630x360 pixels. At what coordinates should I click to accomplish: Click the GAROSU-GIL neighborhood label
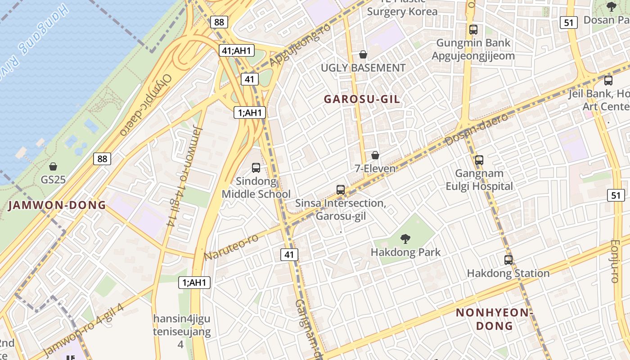[362, 99]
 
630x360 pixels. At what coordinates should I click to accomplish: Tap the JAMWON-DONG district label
[57, 206]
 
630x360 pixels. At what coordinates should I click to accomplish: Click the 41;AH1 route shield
[236, 50]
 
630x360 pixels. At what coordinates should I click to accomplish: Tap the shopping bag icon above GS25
[53, 166]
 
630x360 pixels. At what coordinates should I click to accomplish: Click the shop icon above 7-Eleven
[375, 156]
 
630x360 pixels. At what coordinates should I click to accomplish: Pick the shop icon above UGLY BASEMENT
[363, 55]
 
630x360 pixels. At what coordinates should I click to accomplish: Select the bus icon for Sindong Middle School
[256, 168]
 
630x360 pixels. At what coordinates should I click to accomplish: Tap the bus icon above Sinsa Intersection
[341, 190]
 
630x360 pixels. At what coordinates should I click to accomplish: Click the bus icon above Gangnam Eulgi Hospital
[479, 160]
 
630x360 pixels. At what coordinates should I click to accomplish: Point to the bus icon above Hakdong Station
[508, 260]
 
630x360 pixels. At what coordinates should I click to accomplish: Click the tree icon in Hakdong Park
[405, 239]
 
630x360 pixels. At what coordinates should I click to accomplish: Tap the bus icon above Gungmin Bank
[473, 30]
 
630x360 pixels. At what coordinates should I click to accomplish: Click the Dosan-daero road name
[477, 130]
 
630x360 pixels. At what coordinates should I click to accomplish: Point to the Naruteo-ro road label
[231, 247]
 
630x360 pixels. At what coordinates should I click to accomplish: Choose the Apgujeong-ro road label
[300, 44]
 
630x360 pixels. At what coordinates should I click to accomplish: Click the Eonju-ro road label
[615, 261]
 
